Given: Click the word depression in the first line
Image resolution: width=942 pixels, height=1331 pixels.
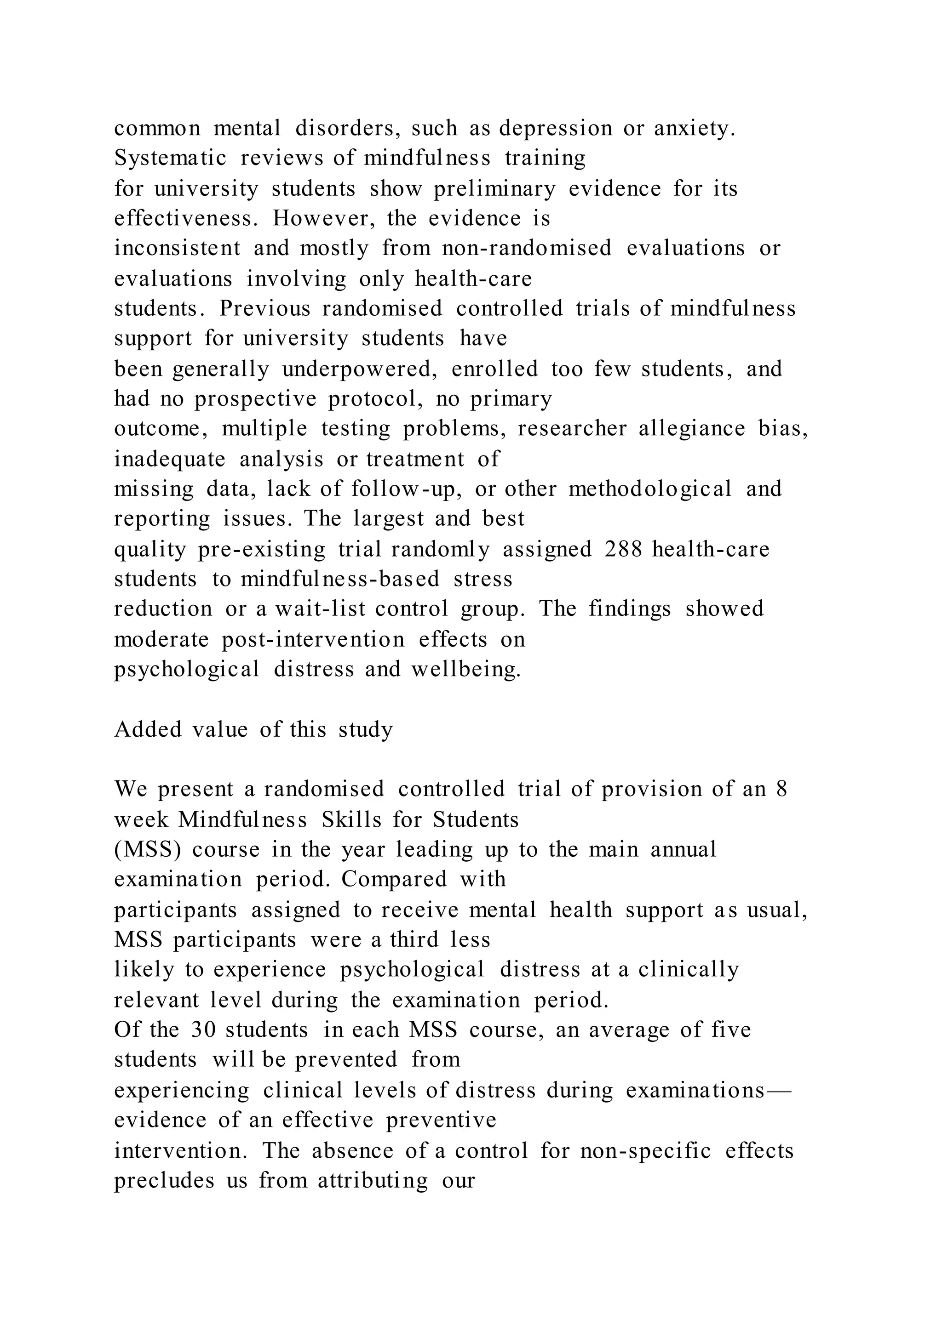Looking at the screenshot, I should [555, 129].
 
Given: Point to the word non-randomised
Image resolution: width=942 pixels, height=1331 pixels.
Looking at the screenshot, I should [526, 249].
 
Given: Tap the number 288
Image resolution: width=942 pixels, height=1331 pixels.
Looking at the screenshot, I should [623, 550].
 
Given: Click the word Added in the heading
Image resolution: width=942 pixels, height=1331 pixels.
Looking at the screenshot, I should [148, 730].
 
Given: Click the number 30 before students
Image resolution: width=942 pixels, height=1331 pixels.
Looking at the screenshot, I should [203, 1030].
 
